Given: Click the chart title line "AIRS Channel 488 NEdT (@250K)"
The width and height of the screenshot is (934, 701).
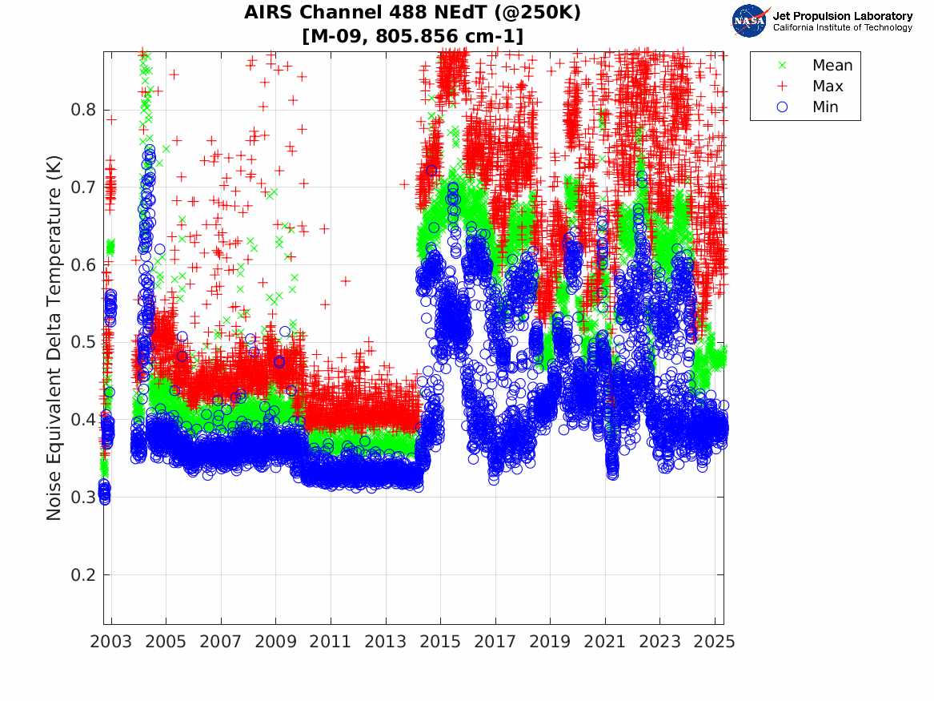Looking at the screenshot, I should click(412, 13).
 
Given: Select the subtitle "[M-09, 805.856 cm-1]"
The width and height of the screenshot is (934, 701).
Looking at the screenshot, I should click(412, 36).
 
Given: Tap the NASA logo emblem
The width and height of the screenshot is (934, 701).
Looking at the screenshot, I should click(749, 21).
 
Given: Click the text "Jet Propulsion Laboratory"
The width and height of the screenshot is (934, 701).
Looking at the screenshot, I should click(842, 16).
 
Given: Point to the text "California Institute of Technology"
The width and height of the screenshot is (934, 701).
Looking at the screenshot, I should click(842, 28).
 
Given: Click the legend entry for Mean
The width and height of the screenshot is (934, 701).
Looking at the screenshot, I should click(832, 66).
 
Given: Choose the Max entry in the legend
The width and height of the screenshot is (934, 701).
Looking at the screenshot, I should click(827, 87).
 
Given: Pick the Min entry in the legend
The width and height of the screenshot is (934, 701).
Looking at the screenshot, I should click(825, 107).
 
